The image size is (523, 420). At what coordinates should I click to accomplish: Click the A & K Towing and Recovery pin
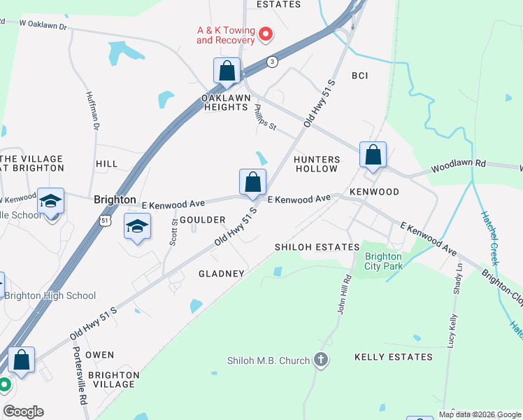point(266,34)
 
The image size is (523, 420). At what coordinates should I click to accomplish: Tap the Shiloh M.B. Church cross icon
point(321,360)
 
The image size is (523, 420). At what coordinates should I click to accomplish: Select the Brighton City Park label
point(383,261)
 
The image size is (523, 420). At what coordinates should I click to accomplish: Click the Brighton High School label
point(50,295)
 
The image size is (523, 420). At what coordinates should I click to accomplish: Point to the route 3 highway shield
point(272,62)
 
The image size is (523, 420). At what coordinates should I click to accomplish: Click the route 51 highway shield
point(104,220)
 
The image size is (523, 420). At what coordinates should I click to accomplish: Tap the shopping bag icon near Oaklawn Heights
point(227,71)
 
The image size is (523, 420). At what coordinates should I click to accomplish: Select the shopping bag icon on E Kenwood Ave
point(253,182)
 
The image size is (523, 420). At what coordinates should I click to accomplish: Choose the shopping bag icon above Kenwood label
point(373,155)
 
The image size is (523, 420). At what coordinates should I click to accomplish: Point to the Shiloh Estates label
point(317,247)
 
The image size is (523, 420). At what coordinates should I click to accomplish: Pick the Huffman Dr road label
point(92,111)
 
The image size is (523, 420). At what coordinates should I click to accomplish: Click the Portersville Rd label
point(80,378)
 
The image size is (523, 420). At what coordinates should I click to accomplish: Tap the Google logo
point(23,412)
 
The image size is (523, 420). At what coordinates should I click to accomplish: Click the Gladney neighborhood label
point(222,274)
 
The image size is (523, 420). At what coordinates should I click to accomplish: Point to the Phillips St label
point(266,117)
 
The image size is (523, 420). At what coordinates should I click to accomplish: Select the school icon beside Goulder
point(138,226)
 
